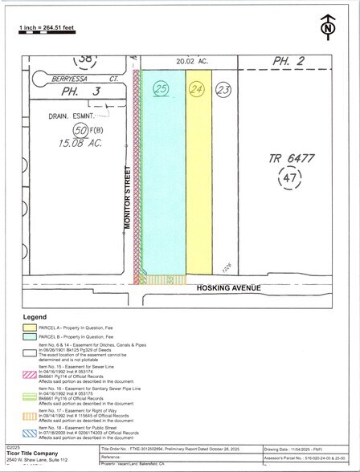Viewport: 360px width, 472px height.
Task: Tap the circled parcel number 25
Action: pos(162,91)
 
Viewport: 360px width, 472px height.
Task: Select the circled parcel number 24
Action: pos(197,90)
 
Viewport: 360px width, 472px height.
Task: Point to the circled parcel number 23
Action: pos(223,91)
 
